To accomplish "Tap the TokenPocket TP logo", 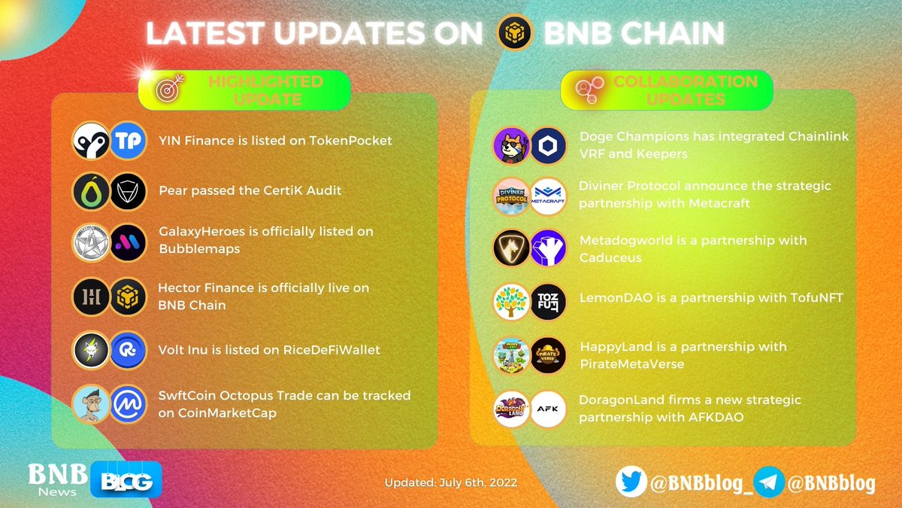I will click(127, 141).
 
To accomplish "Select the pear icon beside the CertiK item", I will click(91, 192).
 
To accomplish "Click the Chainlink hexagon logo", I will click(548, 145).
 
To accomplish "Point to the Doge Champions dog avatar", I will click(512, 145).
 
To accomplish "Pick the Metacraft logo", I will click(548, 196).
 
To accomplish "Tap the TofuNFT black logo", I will click(548, 301).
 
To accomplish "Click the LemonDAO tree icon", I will click(512, 301).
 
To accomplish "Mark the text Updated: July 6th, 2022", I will click(450, 482).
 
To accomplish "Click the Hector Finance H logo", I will click(91, 297).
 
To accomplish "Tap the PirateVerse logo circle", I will click(548, 355).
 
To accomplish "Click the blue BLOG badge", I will click(126, 480).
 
